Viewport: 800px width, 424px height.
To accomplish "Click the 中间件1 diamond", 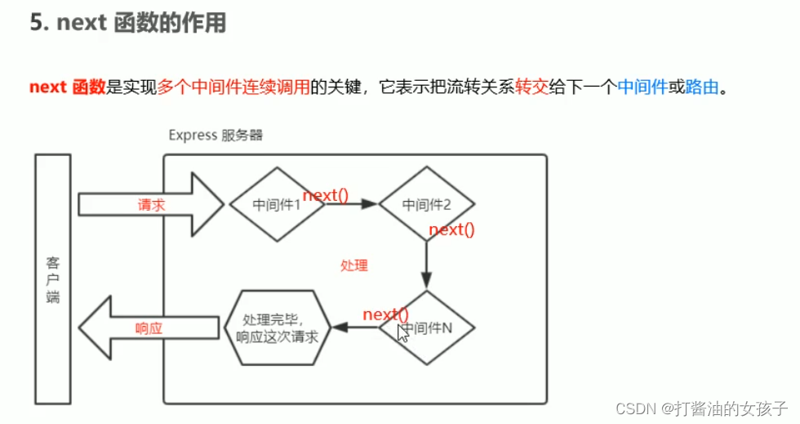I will coord(277,204).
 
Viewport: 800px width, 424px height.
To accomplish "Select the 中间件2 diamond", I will coord(426,204).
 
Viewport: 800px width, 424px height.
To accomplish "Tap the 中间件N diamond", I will coord(427,328).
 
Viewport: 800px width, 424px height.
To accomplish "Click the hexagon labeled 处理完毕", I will coord(277,328).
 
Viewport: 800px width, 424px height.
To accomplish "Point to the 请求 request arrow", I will coord(151,204).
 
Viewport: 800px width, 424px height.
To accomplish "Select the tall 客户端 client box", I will coord(52,279).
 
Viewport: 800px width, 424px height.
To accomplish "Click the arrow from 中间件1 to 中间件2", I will coord(353,204).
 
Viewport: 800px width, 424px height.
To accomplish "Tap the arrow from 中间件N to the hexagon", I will coord(356,328).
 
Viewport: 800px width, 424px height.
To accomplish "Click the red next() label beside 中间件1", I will coord(326,195).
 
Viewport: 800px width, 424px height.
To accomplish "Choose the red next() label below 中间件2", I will coord(451,230).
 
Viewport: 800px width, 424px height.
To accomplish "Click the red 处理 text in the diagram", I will coord(354,266).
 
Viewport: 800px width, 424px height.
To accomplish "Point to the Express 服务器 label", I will coord(216,135).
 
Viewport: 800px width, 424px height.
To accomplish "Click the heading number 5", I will coord(37,22).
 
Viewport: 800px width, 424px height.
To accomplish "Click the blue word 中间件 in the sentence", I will coord(642,87).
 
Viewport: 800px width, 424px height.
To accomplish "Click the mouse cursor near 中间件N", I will coord(402,333).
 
